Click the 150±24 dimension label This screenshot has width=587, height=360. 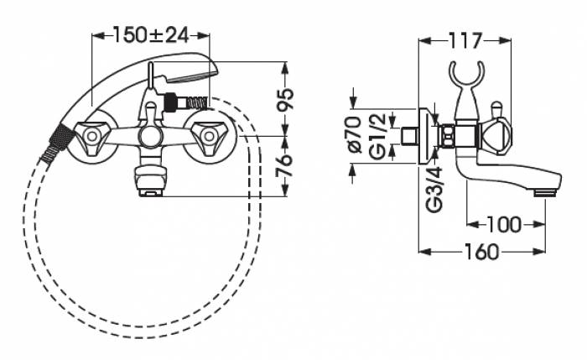tap(150, 35)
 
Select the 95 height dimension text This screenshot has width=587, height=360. tap(285, 100)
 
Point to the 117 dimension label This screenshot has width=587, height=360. tap(465, 41)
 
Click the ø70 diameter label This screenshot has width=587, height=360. tap(355, 135)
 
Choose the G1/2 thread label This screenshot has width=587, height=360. tap(377, 136)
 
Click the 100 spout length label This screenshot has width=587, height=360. tap(504, 224)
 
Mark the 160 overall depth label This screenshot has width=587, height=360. tap(481, 252)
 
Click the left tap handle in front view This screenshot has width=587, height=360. tap(91, 137)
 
